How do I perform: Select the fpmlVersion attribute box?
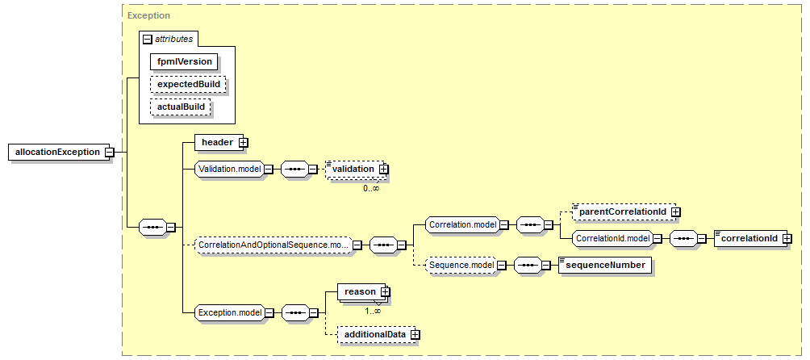[185, 61]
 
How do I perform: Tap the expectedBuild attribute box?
[189, 84]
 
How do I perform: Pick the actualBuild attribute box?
[181, 107]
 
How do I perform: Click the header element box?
[220, 143]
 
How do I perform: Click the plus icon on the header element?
[241, 143]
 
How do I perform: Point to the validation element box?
[357, 169]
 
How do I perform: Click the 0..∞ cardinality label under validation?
[371, 189]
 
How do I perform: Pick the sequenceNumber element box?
[605, 265]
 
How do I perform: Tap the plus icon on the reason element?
[384, 292]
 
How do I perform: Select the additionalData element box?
[378, 335]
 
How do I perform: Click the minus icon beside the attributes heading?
[147, 40]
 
